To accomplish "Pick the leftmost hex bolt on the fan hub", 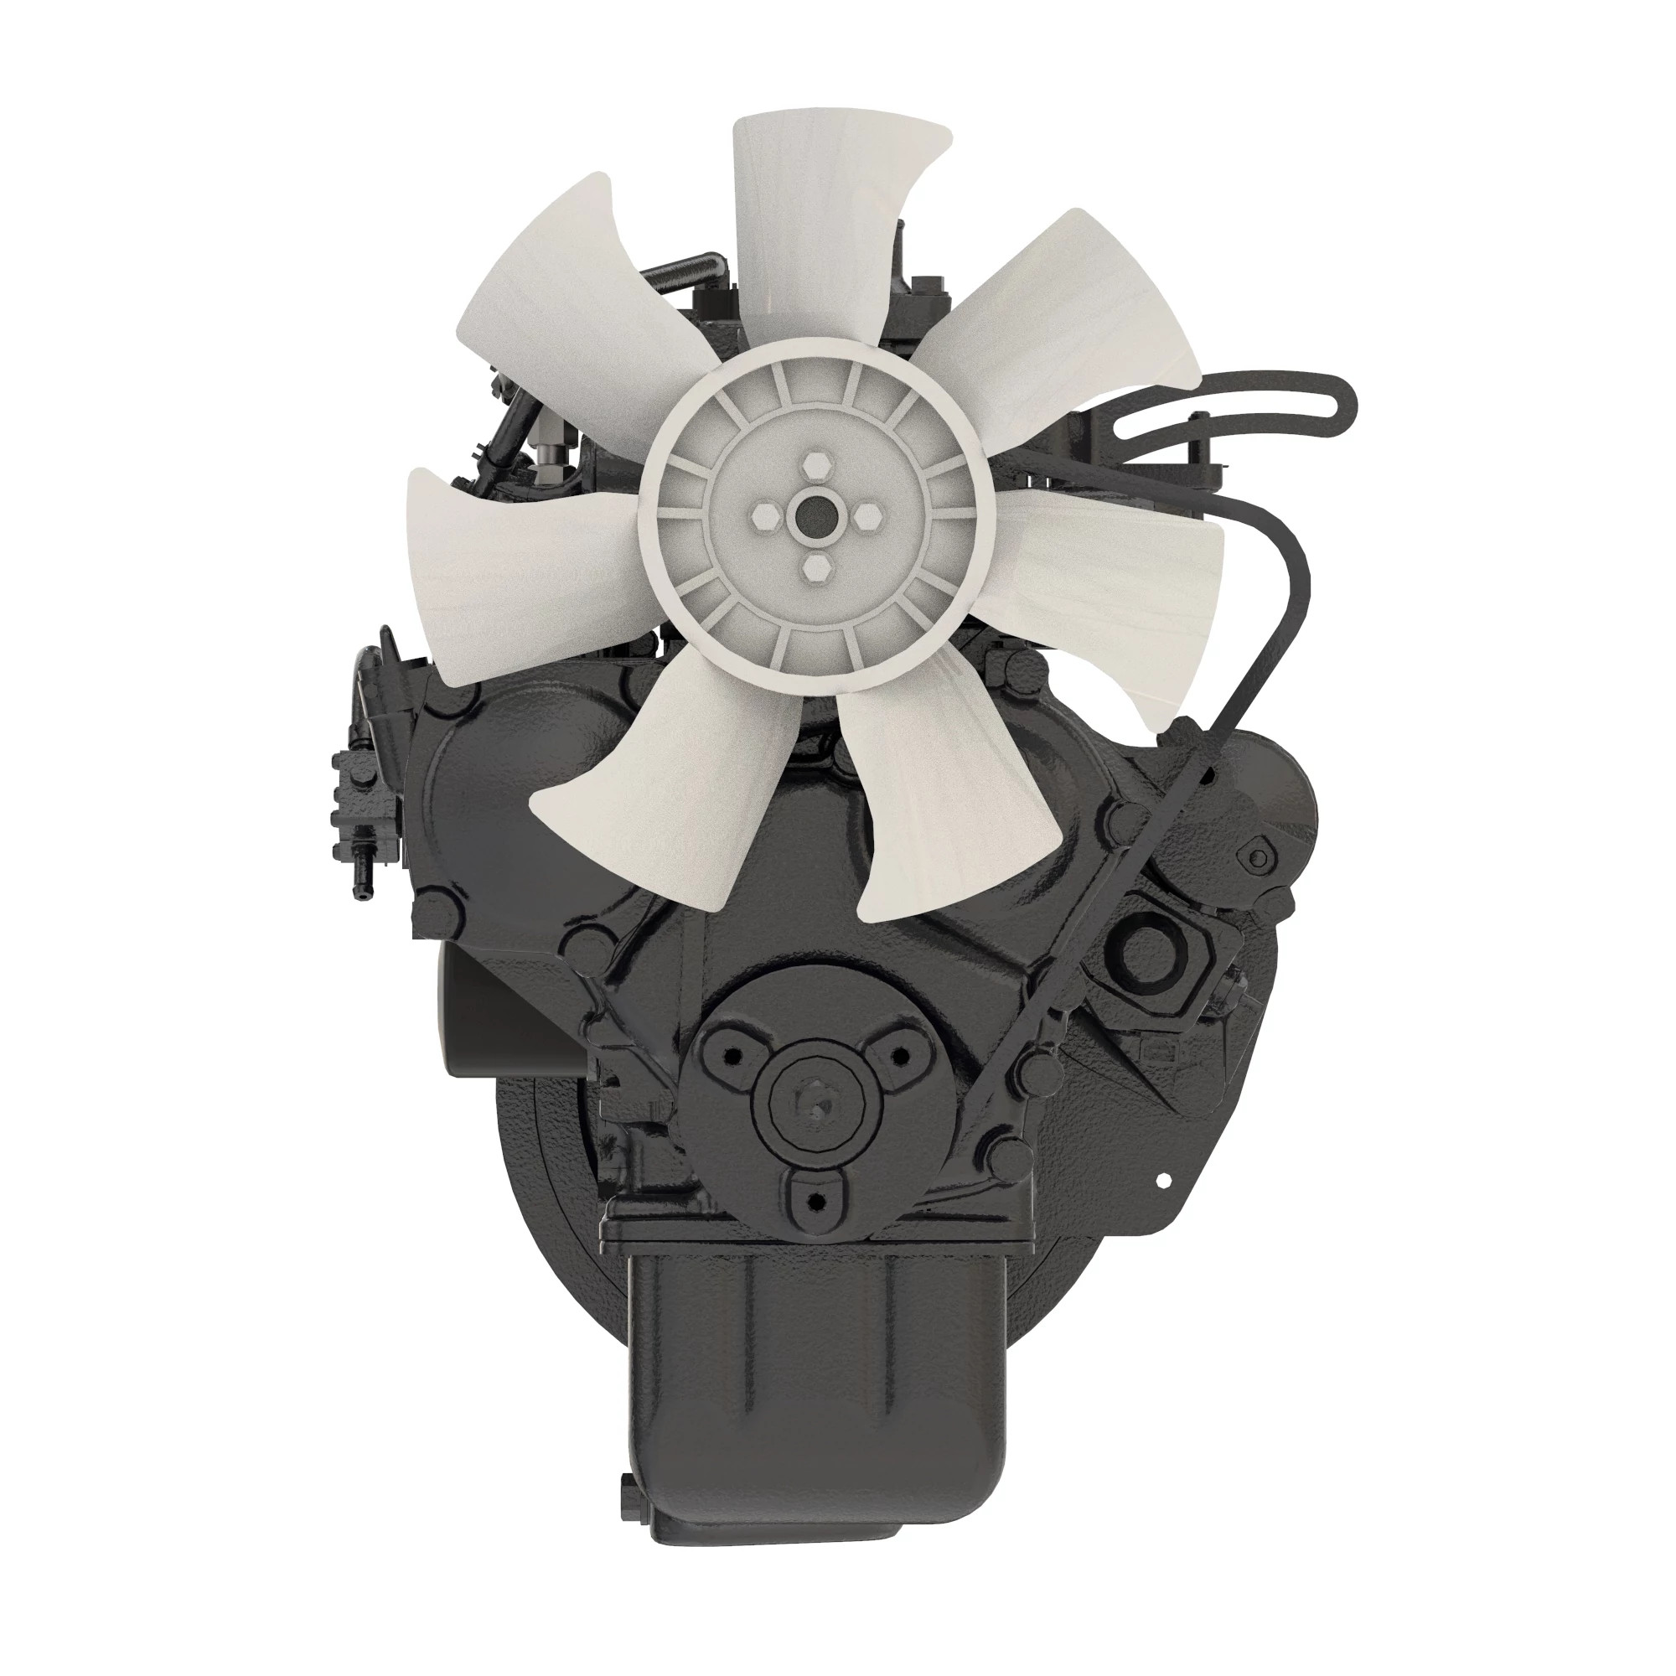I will [763, 518].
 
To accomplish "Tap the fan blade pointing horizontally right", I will [1119, 572].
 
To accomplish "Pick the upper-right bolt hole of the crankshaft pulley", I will [899, 1055].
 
